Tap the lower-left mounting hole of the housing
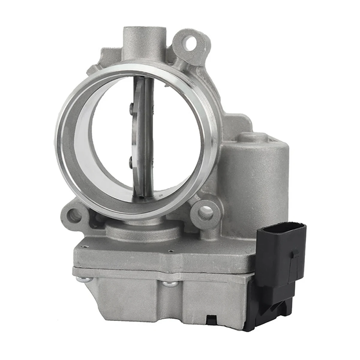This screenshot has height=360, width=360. click(75, 215)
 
